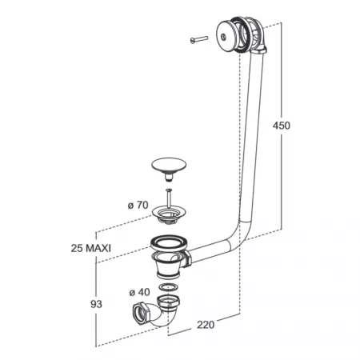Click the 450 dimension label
[282, 126]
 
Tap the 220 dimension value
[206, 325]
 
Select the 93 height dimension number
[96, 304]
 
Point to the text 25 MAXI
[91, 248]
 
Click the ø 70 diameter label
[138, 205]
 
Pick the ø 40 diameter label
[139, 292]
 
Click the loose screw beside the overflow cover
[199, 39]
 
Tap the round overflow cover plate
[226, 35]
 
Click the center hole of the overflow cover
[223, 37]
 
